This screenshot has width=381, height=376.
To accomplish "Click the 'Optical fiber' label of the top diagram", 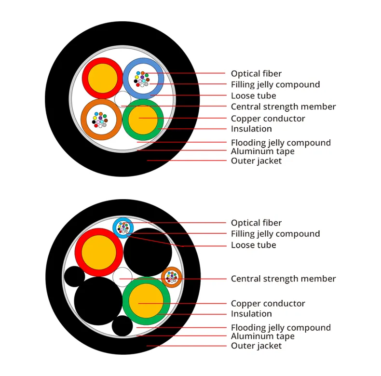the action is click(x=256, y=74).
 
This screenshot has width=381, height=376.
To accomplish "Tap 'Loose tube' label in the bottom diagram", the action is click(x=253, y=245).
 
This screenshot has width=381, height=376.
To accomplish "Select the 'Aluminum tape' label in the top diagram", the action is click(x=263, y=151).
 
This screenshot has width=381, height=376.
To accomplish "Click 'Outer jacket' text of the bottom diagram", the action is click(x=256, y=346).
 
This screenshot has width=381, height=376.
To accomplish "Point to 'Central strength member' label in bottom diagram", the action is click(x=283, y=279).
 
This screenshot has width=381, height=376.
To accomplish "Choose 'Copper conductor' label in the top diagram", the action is click(x=268, y=119).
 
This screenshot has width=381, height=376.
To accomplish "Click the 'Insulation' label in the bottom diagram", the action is click(x=251, y=314).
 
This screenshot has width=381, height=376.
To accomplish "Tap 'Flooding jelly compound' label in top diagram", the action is click(x=281, y=143).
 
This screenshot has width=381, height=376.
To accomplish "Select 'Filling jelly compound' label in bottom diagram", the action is click(x=275, y=234).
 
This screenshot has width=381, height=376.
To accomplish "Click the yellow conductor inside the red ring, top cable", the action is click(x=103, y=78).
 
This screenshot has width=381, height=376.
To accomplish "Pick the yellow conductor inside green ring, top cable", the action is click(x=143, y=120).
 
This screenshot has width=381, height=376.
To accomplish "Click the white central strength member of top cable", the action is click(x=122, y=99).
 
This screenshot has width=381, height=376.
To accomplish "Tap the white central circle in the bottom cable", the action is click(x=122, y=277).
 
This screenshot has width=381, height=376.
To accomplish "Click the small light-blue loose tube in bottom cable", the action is click(x=123, y=228).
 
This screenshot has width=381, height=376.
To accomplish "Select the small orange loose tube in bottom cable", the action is click(x=172, y=277).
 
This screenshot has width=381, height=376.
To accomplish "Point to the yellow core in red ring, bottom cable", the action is click(x=99, y=253).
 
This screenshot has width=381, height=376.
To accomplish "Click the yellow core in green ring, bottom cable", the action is click(x=146, y=301).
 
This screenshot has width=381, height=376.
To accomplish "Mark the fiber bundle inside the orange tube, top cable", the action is click(x=100, y=120).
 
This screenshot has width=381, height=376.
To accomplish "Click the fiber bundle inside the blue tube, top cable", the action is click(x=142, y=79).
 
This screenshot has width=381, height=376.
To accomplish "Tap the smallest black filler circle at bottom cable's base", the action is click(x=122, y=326).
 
